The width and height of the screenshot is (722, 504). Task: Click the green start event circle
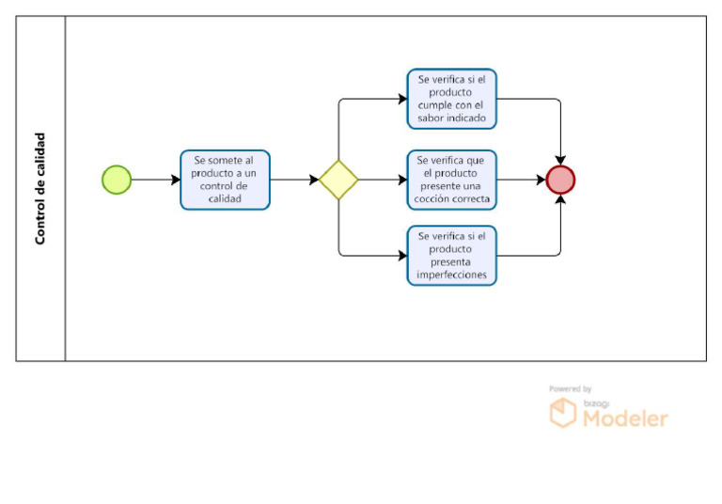tap(117, 180)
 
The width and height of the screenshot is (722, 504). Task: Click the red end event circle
tap(560, 180)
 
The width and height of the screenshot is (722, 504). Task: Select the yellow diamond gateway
tap(338, 180)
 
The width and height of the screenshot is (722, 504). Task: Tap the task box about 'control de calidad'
tap(226, 180)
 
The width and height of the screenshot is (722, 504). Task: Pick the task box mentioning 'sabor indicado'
tap(451, 99)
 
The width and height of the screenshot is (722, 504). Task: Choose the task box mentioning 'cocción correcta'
tap(451, 180)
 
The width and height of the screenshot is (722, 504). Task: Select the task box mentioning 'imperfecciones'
tap(451, 256)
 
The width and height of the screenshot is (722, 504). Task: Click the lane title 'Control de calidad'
tap(40, 188)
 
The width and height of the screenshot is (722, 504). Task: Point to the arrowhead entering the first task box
tap(176, 180)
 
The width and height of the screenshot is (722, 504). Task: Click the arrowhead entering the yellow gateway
tap(314, 180)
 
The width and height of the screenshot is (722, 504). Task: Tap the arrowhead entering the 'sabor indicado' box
tap(403, 99)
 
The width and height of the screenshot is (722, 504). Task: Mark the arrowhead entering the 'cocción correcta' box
tap(403, 180)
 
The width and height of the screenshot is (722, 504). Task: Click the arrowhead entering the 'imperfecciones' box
tap(403, 256)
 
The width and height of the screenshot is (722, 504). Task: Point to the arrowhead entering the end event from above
tap(560, 161)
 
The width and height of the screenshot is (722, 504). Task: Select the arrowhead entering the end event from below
tap(560, 199)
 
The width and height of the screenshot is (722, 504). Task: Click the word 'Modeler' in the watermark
tap(625, 418)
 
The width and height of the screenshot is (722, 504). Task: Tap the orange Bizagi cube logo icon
tap(563, 413)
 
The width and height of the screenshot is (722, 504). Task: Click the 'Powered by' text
tap(570, 389)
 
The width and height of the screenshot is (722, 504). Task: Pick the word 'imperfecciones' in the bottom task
tap(451, 275)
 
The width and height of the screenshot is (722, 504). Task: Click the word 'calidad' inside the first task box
tap(225, 199)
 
